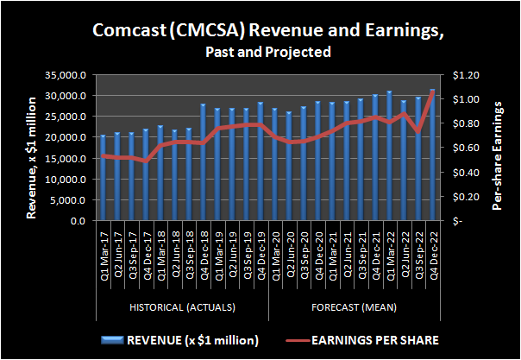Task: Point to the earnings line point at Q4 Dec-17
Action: (147, 161)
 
